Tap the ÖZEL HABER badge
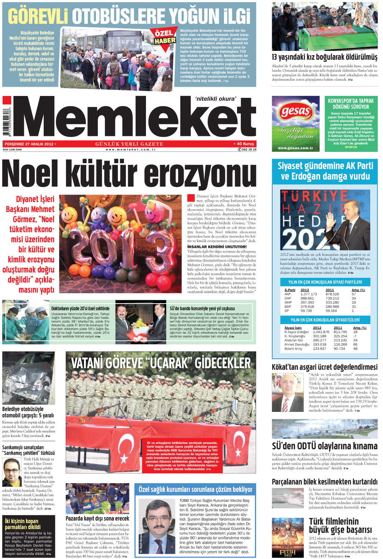(165, 37)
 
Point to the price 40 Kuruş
(245, 144)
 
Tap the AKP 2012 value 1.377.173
(308, 294)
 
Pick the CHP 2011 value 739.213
(332, 298)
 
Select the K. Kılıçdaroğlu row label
(295, 336)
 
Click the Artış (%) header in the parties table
(358, 290)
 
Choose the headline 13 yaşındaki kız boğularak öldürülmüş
(324, 57)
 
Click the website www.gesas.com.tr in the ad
(295, 148)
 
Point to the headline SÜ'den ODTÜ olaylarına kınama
(324, 446)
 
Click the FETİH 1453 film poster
(287, 538)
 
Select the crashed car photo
(28, 378)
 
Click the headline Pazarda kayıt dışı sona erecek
(97, 518)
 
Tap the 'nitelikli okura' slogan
(215, 99)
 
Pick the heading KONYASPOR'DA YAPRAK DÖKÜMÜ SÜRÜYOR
(351, 103)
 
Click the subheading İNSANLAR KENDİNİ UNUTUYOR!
(217, 247)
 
